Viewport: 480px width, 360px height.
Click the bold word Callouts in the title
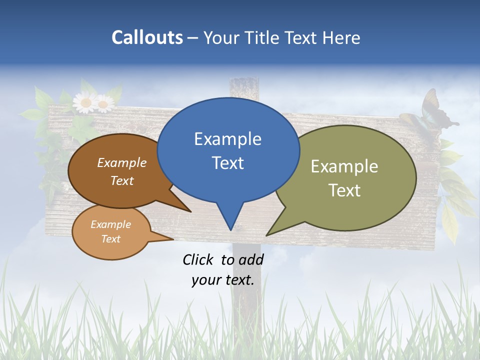pos(147,37)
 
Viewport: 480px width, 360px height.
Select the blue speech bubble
pos(228,150)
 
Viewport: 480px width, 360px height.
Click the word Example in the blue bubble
pos(227,138)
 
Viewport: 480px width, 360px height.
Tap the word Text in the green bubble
pos(344,190)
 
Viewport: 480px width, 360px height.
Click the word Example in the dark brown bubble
pos(122,163)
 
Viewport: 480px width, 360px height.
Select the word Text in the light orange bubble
pos(111,239)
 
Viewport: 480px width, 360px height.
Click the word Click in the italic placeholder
pos(197,259)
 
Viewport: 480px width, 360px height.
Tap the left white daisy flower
pos(85,103)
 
